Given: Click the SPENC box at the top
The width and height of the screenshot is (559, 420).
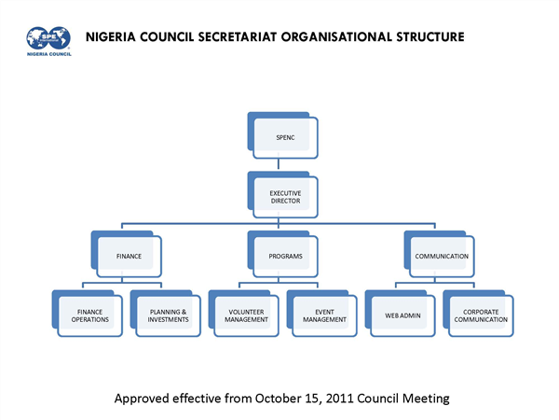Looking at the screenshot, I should (286, 137).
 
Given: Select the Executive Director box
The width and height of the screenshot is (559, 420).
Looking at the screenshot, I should (286, 196).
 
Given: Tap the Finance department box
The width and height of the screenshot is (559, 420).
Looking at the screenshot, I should (129, 254).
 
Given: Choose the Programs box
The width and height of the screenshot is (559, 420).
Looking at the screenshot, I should (286, 254).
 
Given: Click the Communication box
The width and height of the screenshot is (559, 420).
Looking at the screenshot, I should (443, 254).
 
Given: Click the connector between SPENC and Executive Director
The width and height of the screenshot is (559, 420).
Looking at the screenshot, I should (286, 165).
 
